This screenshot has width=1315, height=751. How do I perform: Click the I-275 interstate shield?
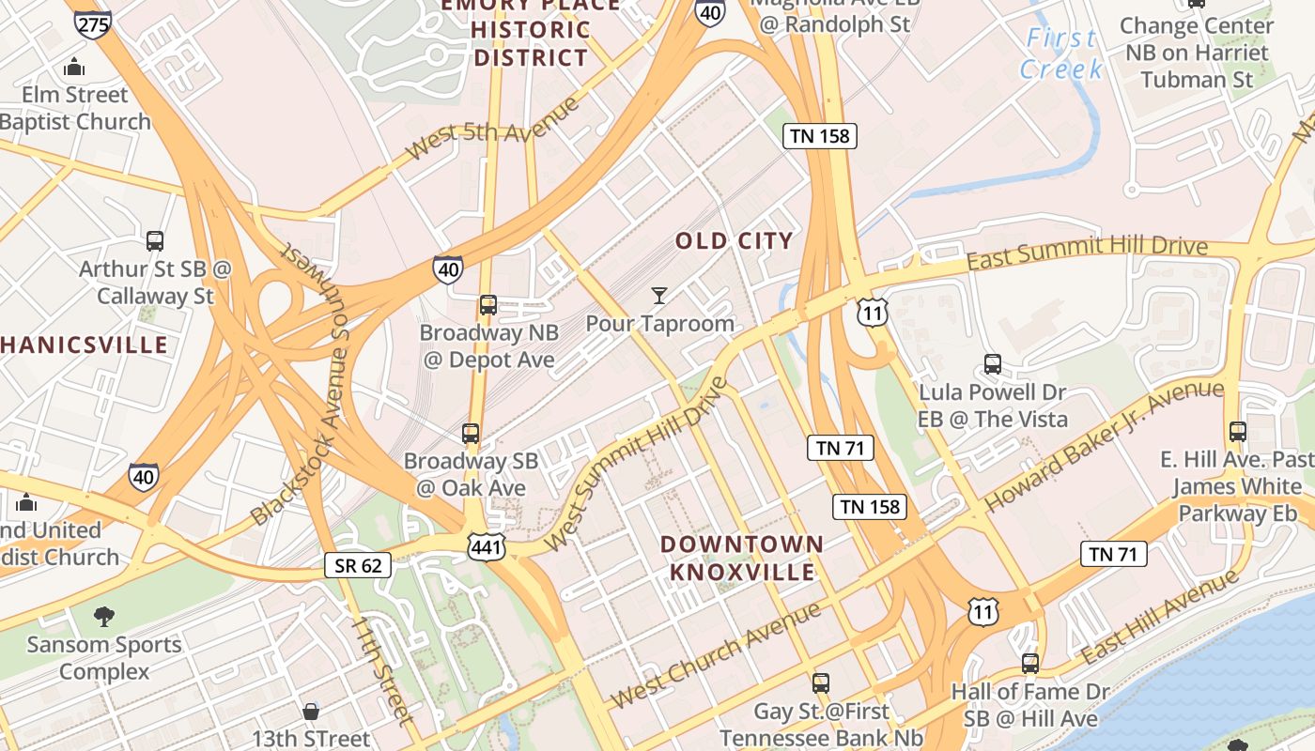[92, 23]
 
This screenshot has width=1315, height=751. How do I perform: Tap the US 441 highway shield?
[487, 546]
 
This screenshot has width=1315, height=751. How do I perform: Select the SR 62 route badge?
[358, 564]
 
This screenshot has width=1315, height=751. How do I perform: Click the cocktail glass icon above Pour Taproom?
[659, 296]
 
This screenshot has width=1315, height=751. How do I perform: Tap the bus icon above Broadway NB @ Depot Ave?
[487, 305]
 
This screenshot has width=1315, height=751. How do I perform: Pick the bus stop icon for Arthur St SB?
[155, 241]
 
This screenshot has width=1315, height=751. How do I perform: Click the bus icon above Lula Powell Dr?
[992, 364]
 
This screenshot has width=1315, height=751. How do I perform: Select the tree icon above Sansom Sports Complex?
[104, 617]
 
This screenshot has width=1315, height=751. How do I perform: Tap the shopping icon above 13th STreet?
[311, 712]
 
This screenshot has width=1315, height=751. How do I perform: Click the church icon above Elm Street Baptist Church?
[74, 68]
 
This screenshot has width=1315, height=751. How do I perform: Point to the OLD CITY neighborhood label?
[735, 241]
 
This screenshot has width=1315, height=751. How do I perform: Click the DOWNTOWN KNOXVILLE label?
[742, 558]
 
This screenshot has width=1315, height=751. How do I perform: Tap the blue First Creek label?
[1061, 54]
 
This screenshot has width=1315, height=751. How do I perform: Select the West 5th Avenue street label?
[493, 132]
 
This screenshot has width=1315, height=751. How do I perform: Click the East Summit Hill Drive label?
[1087, 251]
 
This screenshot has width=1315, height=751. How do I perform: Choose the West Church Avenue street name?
[715, 655]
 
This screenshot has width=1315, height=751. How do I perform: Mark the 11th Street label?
[381, 670]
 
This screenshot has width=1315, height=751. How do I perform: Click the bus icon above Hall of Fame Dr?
[1030, 664]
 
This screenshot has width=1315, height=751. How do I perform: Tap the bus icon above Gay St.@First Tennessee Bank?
[821, 682]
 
